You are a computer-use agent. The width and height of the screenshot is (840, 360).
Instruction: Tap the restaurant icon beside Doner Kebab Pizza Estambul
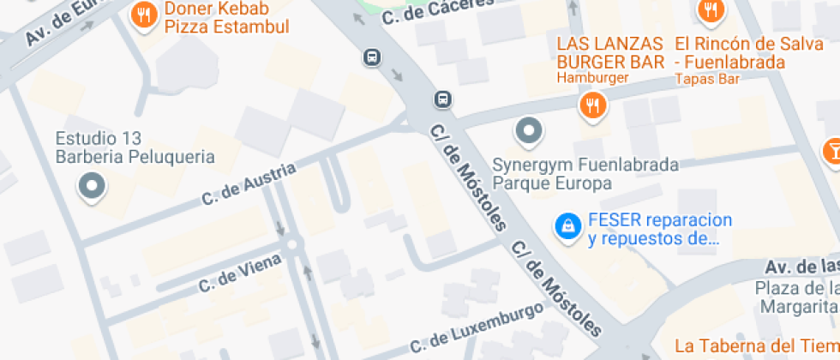pos(144,15)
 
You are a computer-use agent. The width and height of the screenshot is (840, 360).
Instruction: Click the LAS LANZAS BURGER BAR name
pos(610,53)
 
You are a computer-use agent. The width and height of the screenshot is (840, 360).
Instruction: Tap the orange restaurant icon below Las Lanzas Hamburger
pos(593,105)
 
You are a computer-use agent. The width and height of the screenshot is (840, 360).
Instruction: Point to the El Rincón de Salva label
pos(730,53)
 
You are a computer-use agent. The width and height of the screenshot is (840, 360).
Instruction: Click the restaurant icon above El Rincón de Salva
pos(711,10)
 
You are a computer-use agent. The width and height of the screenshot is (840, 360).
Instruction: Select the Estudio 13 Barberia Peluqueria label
pos(135,147)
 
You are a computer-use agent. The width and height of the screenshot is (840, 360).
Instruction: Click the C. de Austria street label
pos(249,184)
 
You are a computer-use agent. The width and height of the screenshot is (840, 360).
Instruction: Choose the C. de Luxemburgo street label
pos(477,327)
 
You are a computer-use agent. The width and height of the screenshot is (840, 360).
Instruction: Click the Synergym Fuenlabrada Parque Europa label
pos(585,173)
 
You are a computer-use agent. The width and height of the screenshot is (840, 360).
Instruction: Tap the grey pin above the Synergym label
pos(528,132)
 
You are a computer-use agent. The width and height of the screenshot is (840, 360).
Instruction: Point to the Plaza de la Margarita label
pos(797,297)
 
